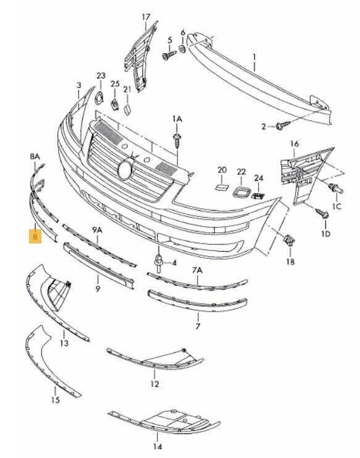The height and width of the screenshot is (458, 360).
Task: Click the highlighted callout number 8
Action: pos(35,236)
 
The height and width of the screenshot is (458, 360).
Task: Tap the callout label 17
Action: pos(146,17)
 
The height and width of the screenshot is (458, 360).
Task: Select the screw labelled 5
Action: pos(169,54)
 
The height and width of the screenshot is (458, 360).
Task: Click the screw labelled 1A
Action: pos(177,140)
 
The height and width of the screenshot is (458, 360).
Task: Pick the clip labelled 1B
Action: pos(290,240)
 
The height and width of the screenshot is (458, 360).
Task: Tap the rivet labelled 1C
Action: pos(335,189)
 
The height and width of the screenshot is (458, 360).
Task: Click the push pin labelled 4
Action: pos(159,263)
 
